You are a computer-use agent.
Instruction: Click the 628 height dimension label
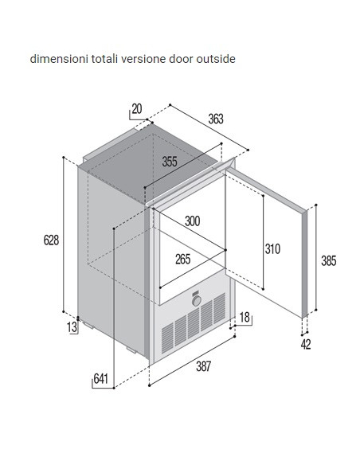(51, 240)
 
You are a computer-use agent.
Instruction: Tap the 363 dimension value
(216, 119)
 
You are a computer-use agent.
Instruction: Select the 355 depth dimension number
(170, 162)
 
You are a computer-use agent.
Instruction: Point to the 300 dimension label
(192, 221)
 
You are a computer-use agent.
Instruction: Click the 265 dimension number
(182, 260)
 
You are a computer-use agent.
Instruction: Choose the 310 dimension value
(272, 248)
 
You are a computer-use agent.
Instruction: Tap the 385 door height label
(329, 260)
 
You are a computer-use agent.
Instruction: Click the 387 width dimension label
(203, 366)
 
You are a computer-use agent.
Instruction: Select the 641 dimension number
(100, 379)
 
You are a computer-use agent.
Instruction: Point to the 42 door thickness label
(306, 345)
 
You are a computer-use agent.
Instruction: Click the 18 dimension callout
(245, 318)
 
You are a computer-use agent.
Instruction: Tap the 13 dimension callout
(72, 327)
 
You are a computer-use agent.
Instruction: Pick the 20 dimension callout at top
(137, 109)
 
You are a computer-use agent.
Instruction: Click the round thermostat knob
(196, 301)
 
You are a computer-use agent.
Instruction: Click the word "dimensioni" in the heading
(59, 59)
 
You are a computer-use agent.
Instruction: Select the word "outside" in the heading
(216, 59)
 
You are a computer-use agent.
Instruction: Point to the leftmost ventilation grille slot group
(167, 338)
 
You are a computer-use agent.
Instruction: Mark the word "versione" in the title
(143, 59)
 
